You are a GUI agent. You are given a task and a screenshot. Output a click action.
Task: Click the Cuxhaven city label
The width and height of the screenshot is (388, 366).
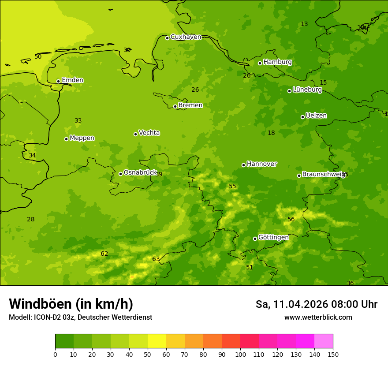tap(186, 37)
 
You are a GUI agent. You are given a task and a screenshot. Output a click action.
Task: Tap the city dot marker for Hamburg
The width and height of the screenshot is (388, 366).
tap(260, 63)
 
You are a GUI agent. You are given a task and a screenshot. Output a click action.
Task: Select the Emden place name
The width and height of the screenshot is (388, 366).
tap(72, 80)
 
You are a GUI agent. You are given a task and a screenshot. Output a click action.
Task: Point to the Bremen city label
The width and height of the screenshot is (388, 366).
tap(190, 105)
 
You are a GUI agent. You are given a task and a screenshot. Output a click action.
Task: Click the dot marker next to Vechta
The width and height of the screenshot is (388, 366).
tap(135, 134)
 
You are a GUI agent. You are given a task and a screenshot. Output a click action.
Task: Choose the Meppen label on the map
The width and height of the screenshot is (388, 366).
tap(82, 138)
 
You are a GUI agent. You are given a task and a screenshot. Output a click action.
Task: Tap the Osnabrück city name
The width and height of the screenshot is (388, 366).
tap(140, 173)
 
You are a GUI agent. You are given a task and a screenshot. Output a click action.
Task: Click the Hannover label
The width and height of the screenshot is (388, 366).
tap(261, 164)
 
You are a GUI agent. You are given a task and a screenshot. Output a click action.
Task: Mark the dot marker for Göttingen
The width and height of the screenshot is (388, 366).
tap(255, 239)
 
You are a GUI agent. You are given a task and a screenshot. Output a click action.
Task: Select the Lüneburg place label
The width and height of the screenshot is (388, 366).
tap(307, 90)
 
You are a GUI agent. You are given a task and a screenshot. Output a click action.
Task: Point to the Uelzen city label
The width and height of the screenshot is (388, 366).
tap(316, 116)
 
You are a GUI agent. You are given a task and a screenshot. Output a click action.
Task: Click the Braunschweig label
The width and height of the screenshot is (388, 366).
tap(323, 175)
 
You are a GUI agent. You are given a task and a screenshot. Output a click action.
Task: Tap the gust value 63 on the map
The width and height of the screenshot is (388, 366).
tap(156, 259)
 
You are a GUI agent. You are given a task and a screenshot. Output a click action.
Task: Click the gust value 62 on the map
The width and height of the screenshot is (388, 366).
tap(104, 254)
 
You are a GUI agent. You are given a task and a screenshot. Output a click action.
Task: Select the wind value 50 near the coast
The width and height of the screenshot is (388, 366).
tap(38, 56)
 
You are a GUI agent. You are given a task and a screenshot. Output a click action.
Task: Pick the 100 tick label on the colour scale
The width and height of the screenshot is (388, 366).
tap(240, 354)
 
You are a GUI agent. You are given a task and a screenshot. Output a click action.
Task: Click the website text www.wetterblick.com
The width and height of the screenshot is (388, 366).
tap(318, 317)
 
